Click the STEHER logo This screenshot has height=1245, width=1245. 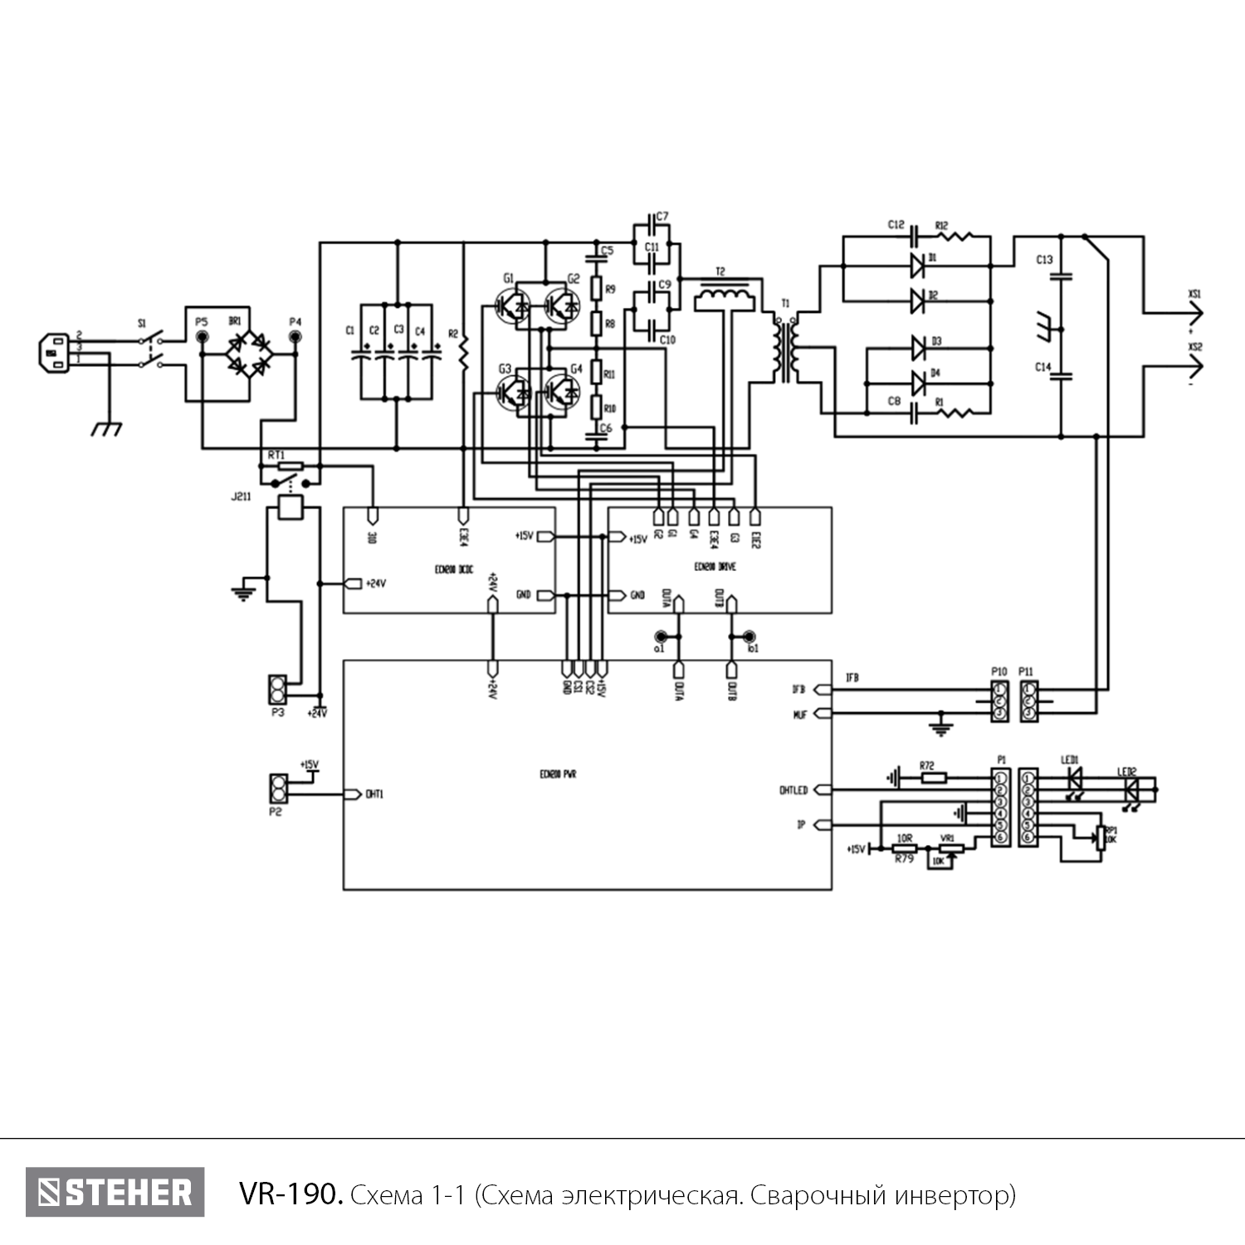pyautogui.click(x=115, y=1192)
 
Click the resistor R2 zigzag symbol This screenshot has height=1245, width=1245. pyautogui.click(x=464, y=353)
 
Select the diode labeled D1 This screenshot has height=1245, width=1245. pyautogui.click(x=917, y=266)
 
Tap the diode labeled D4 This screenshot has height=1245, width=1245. pyautogui.click(x=917, y=383)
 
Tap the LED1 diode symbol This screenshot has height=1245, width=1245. pyautogui.click(x=1075, y=779)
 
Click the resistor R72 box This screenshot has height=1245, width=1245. pyautogui.click(x=933, y=779)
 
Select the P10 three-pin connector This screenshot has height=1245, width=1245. pyautogui.click(x=999, y=701)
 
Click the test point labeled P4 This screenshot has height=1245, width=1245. pyautogui.click(x=295, y=337)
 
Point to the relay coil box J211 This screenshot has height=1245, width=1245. pyautogui.click(x=290, y=507)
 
